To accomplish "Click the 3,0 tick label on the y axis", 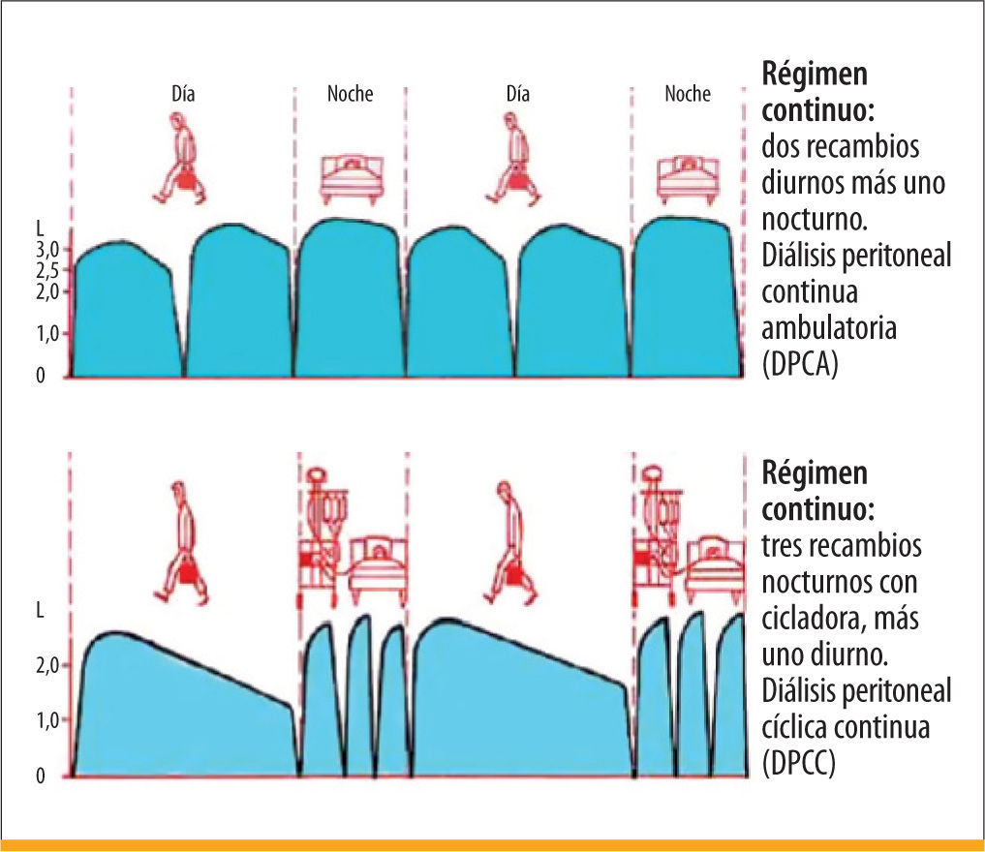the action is point(46,250).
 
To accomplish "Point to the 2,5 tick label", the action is point(46,270).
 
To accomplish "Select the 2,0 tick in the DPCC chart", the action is point(46,665).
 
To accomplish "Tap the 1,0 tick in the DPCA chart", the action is point(46,333).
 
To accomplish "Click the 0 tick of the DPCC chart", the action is point(41,776).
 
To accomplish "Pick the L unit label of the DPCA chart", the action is point(40,228).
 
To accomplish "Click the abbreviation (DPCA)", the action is point(800,363).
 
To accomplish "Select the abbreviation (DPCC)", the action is point(798,763).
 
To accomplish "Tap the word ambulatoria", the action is point(828,328).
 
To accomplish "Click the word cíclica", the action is point(794,726).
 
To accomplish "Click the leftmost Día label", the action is point(183,94).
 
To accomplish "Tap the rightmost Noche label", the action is point(688,94).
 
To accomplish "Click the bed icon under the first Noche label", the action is point(352,178).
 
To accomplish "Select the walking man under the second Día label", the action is point(512,158).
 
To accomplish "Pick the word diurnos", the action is point(801,183).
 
